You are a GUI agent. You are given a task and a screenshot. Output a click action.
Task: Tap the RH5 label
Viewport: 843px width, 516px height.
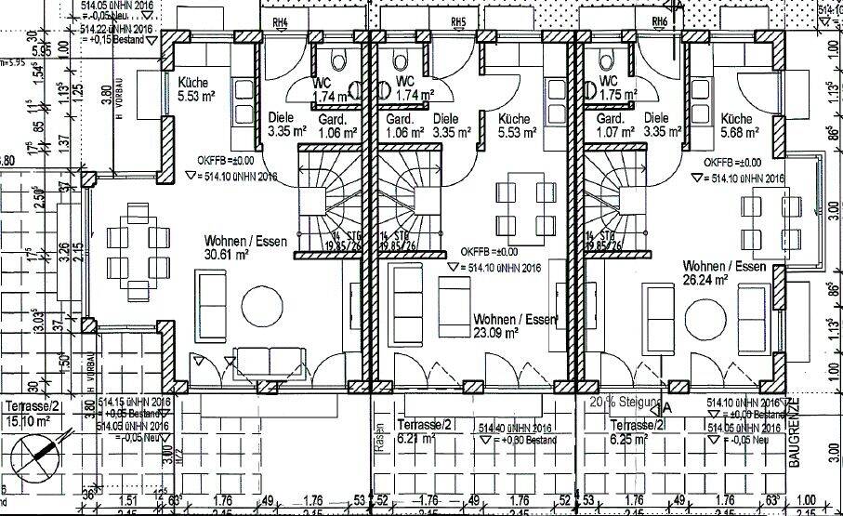tap(456, 21)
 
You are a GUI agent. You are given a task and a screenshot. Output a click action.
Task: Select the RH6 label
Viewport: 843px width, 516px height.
tap(660, 21)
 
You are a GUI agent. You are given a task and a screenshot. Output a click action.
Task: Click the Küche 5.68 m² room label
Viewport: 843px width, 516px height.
tap(736, 126)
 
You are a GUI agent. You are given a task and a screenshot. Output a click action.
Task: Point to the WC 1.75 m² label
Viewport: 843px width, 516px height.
tap(608, 88)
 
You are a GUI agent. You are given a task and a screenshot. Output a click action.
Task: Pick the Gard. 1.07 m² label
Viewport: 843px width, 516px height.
tap(610, 126)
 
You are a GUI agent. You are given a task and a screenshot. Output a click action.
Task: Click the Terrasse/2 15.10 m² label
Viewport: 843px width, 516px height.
tap(32, 414)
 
